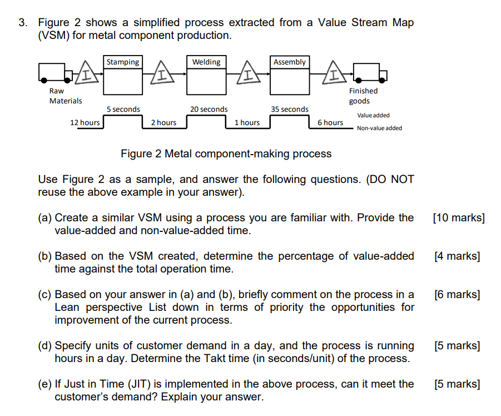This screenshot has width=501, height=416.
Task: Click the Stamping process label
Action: pos(123,62)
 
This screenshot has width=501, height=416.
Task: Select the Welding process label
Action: pos(206,62)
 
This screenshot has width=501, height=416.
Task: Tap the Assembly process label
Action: pos(289,62)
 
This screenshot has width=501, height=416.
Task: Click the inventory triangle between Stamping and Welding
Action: pos(161,74)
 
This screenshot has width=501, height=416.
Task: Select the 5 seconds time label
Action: pos(123,110)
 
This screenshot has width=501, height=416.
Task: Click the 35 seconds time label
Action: pos(289,110)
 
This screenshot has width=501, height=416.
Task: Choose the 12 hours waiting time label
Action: pos(85,122)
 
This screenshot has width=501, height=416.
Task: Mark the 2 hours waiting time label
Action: pos(163,122)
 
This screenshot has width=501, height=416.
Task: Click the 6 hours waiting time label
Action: pos(330,122)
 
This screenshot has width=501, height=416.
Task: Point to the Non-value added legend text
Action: pos(379,128)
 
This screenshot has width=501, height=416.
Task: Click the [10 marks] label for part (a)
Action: pos(458,218)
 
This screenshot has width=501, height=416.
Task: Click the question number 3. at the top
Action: pos(23,23)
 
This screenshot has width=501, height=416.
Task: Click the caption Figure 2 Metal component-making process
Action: pos(226,153)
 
